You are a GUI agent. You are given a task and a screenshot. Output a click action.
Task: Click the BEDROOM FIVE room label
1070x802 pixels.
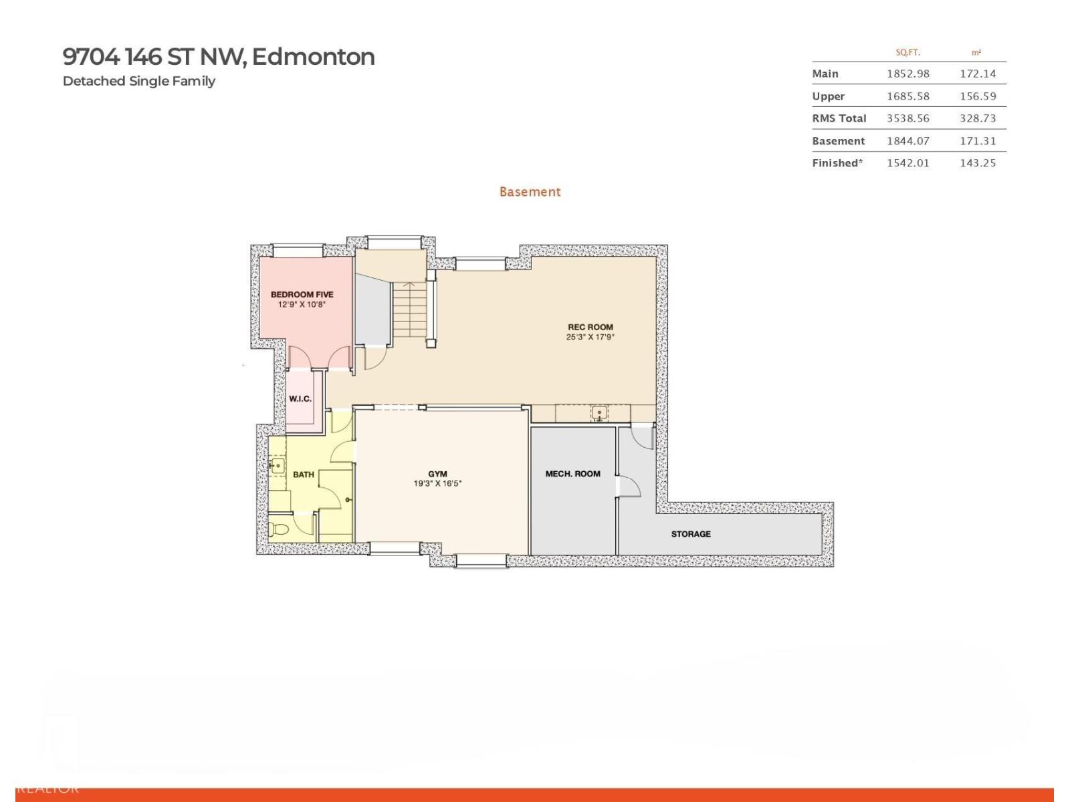tap(302, 294)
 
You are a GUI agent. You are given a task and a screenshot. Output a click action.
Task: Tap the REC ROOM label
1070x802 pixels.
tap(590, 327)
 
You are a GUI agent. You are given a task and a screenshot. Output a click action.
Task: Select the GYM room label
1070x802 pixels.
tap(437, 474)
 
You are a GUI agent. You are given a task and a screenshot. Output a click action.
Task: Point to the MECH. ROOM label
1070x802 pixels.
tap(572, 474)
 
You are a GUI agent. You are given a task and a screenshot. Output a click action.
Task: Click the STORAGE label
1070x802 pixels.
tap(691, 534)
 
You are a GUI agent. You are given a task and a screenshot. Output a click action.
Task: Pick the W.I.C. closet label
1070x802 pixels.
tap(300, 399)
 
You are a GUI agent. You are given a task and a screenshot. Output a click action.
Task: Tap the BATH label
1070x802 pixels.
tap(303, 475)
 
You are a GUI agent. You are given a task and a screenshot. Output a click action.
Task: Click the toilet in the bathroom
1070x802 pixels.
tap(279, 530)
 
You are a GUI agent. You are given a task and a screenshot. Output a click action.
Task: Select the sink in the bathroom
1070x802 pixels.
tap(277, 465)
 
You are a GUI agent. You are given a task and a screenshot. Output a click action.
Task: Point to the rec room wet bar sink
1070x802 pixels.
tap(599, 413)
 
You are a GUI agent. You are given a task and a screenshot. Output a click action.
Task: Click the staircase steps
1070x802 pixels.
tap(409, 310)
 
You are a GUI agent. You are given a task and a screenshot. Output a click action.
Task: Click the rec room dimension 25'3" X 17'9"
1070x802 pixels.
tap(590, 337)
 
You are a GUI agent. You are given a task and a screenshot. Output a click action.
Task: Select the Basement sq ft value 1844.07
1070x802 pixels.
tap(907, 141)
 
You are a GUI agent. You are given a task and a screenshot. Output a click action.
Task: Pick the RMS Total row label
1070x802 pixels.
tap(839, 118)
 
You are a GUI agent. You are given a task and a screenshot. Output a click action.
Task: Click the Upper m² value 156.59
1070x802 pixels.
tap(978, 96)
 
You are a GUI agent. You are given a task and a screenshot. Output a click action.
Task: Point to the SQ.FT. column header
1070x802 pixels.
tap(907, 52)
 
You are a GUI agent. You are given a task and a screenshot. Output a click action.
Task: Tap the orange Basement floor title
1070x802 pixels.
tap(530, 192)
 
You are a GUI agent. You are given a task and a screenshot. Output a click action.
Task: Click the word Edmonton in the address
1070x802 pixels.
tap(313, 57)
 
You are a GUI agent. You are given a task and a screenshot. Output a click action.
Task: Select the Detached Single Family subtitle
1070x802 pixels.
tap(139, 81)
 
